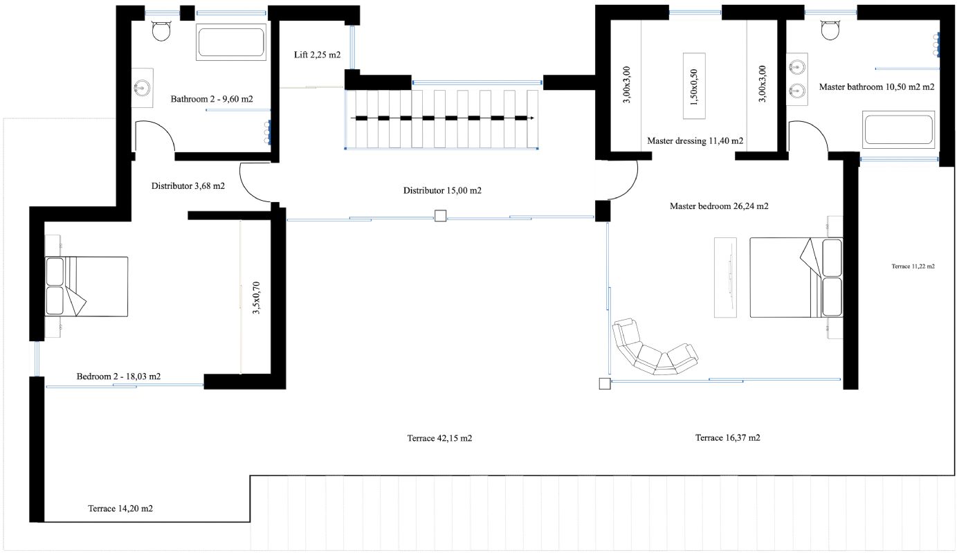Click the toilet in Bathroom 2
pyautogui.click(x=161, y=30)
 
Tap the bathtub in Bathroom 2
pyautogui.click(x=231, y=42)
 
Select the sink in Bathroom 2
pyautogui.click(x=143, y=88)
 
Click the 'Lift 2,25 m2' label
pyautogui.click(x=317, y=55)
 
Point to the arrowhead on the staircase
pyautogui.click(x=531, y=118)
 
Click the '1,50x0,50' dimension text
pyautogui.click(x=694, y=87)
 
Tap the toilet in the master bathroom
pyautogui.click(x=830, y=30)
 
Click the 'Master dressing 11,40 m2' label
pyautogui.click(x=695, y=140)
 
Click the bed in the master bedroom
pyautogui.click(x=796, y=278)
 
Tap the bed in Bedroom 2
pyautogui.click(x=86, y=287)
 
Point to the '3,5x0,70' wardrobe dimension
pyautogui.click(x=256, y=298)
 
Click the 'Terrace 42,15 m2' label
pyautogui.click(x=439, y=438)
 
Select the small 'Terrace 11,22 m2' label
pyautogui.click(x=913, y=266)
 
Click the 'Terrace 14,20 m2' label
pyautogui.click(x=120, y=508)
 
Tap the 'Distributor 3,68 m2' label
pyautogui.click(x=188, y=186)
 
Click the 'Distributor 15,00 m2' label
pyautogui.click(x=442, y=190)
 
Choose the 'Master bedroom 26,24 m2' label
pyautogui.click(x=719, y=206)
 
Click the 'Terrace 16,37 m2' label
pyautogui.click(x=727, y=437)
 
